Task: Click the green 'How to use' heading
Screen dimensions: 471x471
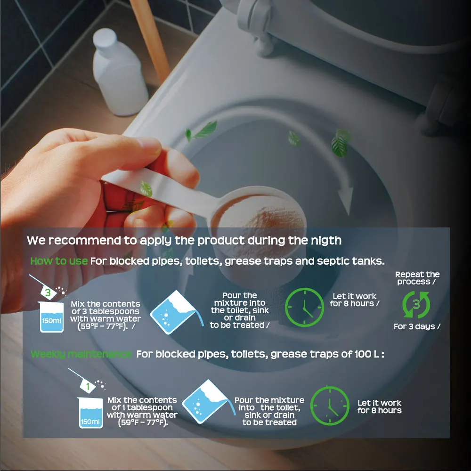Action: pos(59,261)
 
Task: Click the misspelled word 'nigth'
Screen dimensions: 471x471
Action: pos(328,240)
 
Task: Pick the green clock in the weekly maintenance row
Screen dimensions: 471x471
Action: pos(330,406)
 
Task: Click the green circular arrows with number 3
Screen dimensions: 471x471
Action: pos(416,305)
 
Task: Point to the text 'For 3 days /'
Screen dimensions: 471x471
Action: pos(417,326)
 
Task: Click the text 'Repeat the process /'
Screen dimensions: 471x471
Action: pos(417,278)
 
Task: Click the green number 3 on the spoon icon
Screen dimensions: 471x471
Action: pos(48,292)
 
